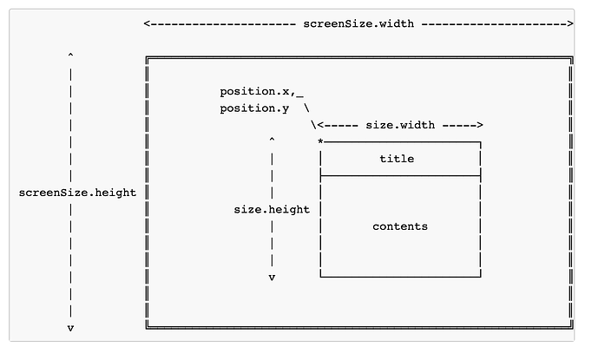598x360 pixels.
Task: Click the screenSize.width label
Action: pos(358,23)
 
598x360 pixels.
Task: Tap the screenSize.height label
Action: pos(77,193)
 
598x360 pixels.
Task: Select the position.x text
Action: pos(254,92)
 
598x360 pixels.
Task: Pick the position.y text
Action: pos(254,108)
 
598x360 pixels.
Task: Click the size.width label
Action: pos(400,125)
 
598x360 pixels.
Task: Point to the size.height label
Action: pos(272,209)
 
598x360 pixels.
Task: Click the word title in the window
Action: pos(397,159)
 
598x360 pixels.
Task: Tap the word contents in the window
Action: pos(400,226)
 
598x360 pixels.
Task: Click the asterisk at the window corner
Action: pos(320,142)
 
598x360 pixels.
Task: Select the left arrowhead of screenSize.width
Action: pos(147,23)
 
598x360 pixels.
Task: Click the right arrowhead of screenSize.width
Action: pos(569,23)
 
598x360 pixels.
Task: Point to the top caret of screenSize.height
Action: pos(70,56)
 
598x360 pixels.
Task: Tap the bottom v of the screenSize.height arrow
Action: pos(70,328)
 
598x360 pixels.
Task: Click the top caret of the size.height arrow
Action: pos(272,140)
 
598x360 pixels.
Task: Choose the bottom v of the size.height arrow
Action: pos(272,278)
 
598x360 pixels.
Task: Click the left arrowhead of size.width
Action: pos(320,125)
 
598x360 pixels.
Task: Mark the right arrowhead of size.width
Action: pos(480,125)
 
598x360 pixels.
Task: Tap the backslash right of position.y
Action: pos(306,108)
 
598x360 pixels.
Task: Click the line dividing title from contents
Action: pos(400,176)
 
